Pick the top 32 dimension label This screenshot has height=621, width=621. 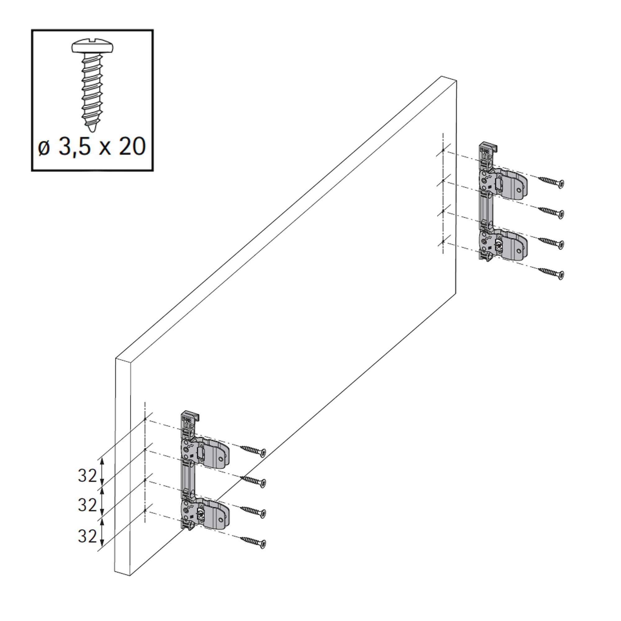pyautogui.click(x=87, y=476)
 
